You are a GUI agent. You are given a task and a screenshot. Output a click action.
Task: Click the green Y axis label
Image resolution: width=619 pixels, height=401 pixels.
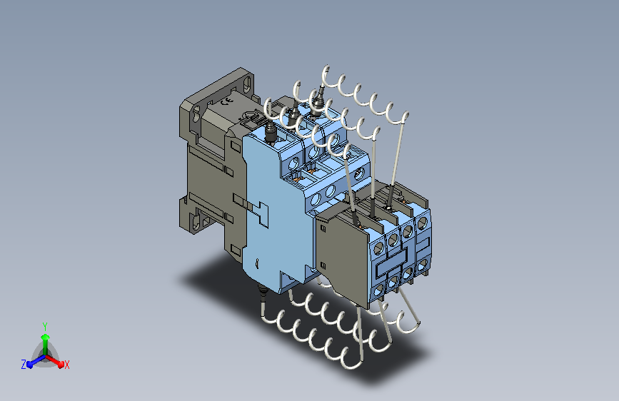45,327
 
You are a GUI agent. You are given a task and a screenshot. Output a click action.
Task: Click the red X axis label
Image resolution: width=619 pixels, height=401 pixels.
66,365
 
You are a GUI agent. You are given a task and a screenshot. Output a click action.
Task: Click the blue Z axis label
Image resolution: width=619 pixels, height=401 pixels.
24,365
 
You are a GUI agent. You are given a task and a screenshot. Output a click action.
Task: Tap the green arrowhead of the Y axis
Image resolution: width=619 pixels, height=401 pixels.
46,337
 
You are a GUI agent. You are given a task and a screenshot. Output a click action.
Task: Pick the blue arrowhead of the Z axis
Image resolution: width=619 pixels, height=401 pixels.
30,363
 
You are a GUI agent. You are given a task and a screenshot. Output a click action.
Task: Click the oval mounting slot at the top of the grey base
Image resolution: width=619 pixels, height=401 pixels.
247,84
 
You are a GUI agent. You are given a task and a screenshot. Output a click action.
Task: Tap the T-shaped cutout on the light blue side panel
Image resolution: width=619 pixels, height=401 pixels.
261,214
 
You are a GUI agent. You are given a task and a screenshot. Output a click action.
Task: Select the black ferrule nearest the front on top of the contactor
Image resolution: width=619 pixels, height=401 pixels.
271,132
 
